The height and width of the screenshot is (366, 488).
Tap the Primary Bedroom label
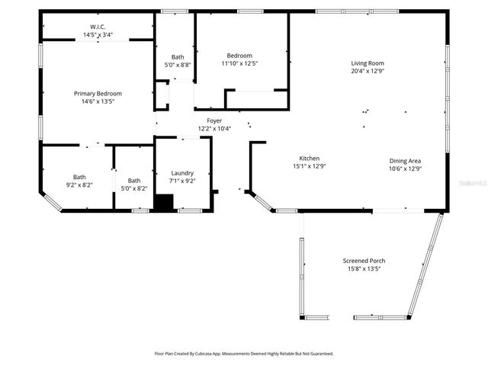click(x=98, y=93)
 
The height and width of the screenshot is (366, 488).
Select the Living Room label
click(x=367, y=63)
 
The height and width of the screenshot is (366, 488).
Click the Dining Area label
click(x=405, y=160)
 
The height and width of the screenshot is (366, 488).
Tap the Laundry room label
click(x=181, y=173)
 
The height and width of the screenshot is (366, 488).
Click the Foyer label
click(x=214, y=120)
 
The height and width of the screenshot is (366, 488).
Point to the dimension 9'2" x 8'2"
click(x=79, y=185)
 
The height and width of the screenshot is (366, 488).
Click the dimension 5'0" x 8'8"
click(x=178, y=65)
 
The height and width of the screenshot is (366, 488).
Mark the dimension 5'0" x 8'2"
click(x=134, y=188)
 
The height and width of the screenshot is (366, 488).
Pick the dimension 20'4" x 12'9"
click(x=367, y=71)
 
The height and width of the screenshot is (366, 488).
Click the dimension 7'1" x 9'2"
click(x=181, y=181)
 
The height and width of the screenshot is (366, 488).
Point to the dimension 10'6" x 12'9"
click(x=405, y=168)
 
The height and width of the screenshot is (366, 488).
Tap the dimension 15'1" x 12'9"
click(x=309, y=166)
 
